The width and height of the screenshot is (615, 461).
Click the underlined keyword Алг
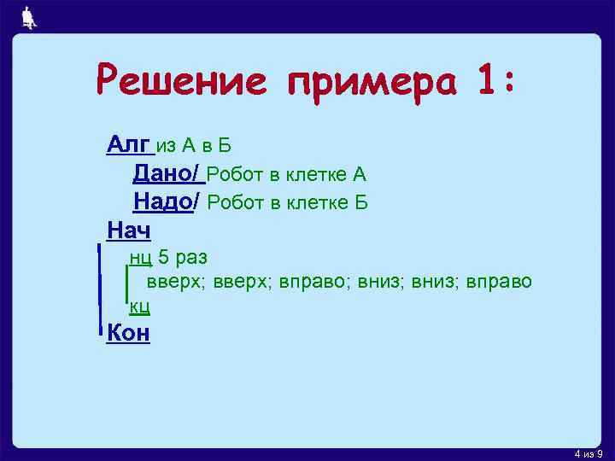128,145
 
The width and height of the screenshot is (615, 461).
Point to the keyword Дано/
167,174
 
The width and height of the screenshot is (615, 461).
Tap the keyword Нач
128,230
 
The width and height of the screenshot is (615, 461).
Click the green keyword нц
140,257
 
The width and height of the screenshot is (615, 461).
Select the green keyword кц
140,305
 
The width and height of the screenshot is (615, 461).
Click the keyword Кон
128,332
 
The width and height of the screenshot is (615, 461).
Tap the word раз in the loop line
190,257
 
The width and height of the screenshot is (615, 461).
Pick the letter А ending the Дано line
359,175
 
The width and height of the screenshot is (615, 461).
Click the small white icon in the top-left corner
28,17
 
